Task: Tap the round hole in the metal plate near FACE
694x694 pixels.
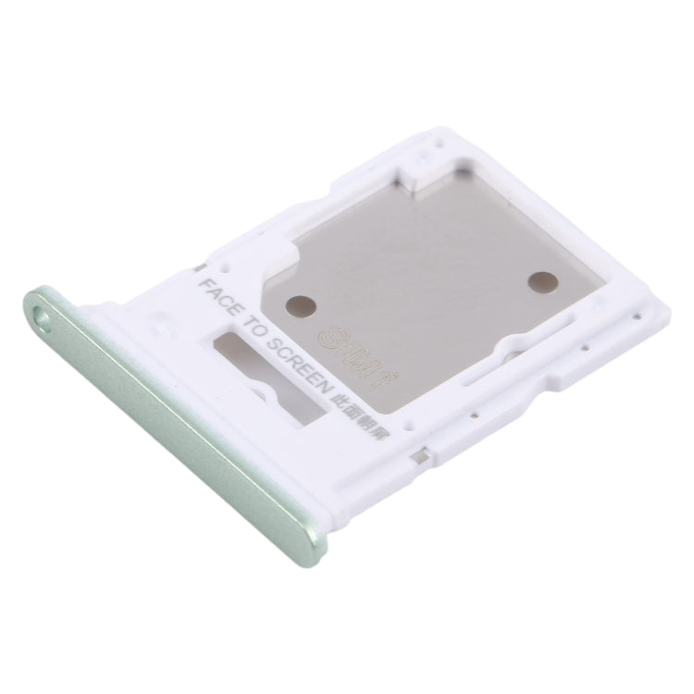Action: tap(300, 303)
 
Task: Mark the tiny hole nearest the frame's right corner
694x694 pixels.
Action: tap(637, 318)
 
